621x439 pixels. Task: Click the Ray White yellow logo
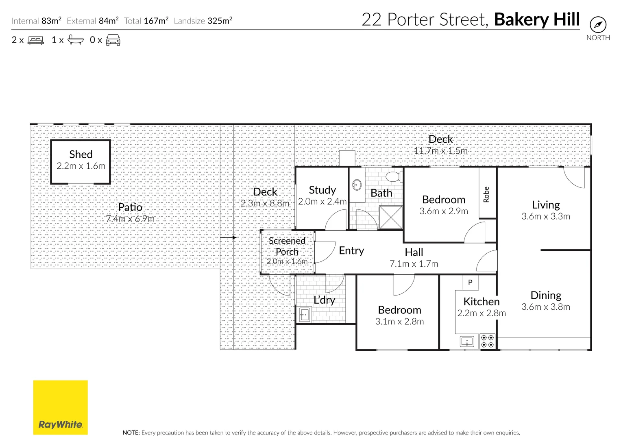coord(60,407)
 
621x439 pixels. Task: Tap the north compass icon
coord(598,25)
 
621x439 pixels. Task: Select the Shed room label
coord(81,154)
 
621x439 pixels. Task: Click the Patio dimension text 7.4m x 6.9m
coord(130,219)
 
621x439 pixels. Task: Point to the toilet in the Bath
coord(393,177)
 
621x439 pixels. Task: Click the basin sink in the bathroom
coord(357,185)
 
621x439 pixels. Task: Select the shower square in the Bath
coord(390,217)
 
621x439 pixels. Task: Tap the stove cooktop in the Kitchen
coord(487,341)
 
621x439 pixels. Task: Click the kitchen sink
coord(467,341)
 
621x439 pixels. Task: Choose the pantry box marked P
coord(471,282)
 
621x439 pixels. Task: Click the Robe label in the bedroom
coord(486,194)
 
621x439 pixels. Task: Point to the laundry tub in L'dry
coord(304,315)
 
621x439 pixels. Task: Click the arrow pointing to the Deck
coord(228,237)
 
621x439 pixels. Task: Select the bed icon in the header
coord(35,40)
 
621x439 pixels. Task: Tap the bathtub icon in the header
coord(76,40)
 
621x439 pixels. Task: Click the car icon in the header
coord(113,40)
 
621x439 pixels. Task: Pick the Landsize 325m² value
coord(220,21)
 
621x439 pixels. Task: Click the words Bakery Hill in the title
coord(536,20)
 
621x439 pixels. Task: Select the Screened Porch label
coord(287,246)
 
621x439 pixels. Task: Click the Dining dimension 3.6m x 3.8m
coord(546,307)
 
